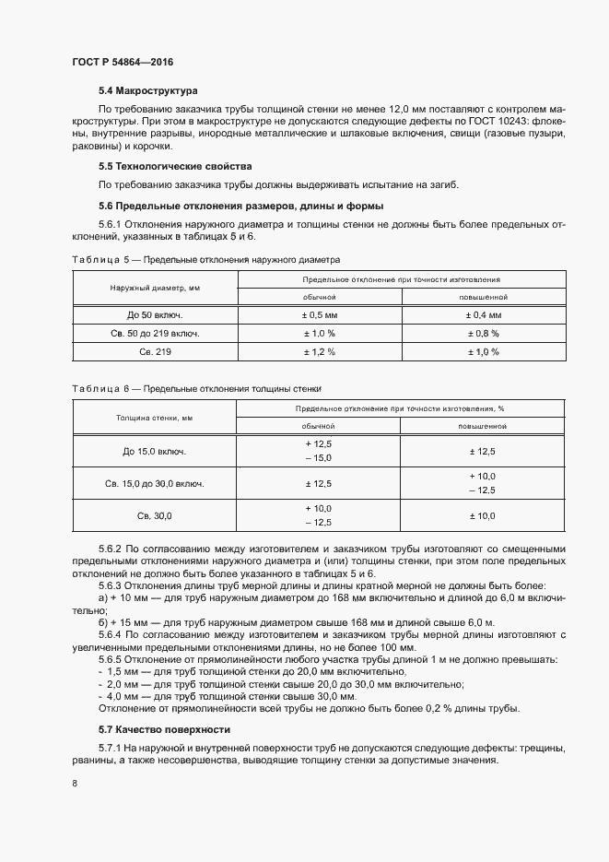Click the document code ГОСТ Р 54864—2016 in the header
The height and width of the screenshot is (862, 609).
[x=122, y=62]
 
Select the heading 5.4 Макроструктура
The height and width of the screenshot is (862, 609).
[x=148, y=91]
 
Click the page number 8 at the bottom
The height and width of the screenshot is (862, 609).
[x=74, y=783]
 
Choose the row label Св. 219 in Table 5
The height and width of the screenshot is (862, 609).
[x=155, y=351]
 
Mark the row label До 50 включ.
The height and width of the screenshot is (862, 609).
[x=155, y=315]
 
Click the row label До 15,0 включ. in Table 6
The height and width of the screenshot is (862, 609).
[x=155, y=452]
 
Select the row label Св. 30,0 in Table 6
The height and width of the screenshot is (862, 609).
[x=155, y=516]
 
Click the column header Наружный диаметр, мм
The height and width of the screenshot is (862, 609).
[x=155, y=288]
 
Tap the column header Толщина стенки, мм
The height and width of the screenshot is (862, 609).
[x=155, y=417]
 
